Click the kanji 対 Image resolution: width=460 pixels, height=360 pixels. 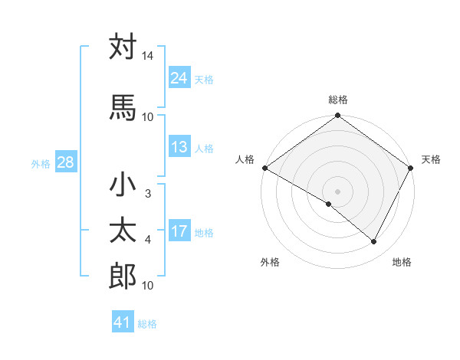coord(123,48)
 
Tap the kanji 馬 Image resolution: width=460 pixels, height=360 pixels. coord(123,107)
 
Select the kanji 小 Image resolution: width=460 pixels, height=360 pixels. coord(123,186)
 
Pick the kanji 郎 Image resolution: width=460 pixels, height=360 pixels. coord(123,277)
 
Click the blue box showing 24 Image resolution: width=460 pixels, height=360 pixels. coord(179,78)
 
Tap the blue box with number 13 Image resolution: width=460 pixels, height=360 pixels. coord(179,148)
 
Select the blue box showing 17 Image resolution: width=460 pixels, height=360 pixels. coord(179,232)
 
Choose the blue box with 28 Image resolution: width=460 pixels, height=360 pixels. coord(65,162)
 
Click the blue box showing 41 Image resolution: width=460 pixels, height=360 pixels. coord(123,322)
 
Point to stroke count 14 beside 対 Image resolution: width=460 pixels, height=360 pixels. coord(147,57)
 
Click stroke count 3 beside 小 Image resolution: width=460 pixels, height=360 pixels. coord(147,194)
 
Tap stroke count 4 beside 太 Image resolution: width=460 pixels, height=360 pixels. coord(147,240)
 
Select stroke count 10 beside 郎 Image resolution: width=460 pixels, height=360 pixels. coord(147,286)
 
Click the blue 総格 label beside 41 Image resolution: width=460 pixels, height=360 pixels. coord(147,324)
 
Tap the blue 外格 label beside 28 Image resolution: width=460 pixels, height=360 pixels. coord(41,163)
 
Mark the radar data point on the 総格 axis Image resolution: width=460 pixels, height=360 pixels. coord(337,116)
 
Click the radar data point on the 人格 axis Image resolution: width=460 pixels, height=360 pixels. coord(264,168)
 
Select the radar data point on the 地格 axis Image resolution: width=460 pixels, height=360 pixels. coord(374,241)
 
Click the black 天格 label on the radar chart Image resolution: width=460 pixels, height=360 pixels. coord(431,159)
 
